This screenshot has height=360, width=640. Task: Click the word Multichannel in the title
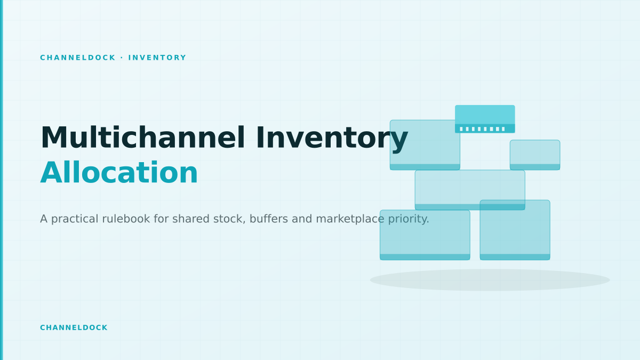[x=143, y=138]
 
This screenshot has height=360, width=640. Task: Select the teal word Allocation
[x=119, y=173]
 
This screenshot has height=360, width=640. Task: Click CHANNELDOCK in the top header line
[x=78, y=58]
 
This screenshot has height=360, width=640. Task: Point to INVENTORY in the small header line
[x=157, y=58]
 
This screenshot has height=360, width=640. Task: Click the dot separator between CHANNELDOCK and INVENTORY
[x=122, y=58]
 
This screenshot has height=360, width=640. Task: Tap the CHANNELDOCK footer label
[x=74, y=327]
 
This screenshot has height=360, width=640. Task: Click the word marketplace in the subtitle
[x=350, y=220]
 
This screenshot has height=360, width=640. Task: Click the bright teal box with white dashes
[x=485, y=119]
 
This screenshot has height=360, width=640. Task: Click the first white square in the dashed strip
[x=461, y=129]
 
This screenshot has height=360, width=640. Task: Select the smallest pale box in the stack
[x=535, y=155]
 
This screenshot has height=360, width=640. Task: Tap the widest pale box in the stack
[x=470, y=190]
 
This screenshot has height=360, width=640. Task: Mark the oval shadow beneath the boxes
[x=490, y=280]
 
